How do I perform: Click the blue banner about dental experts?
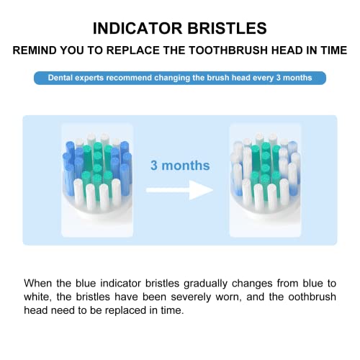click(x=179, y=78)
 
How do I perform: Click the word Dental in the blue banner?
click(x=63, y=78)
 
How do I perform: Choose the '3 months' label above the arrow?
click(x=180, y=165)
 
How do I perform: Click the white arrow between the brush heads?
click(x=180, y=189)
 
